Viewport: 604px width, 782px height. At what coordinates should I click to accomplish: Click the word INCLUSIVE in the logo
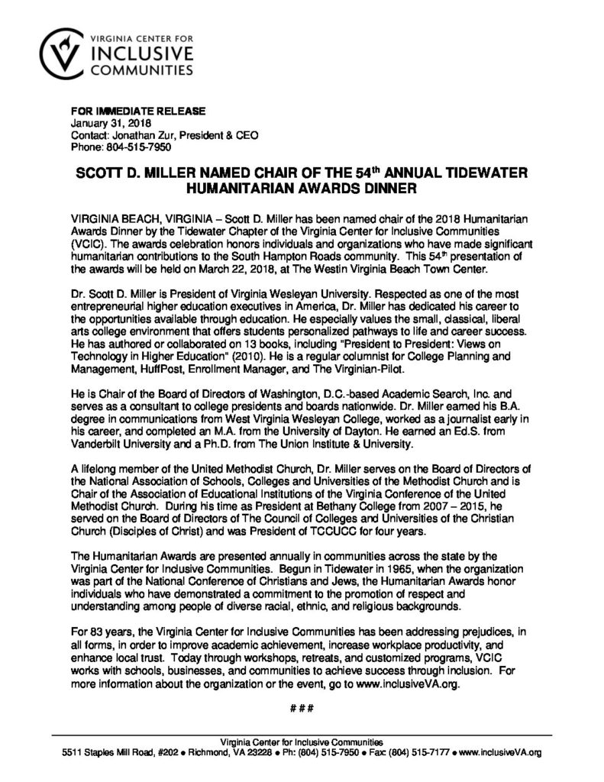click(140, 54)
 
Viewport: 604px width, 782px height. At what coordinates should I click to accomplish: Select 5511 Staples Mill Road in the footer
click(110, 753)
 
